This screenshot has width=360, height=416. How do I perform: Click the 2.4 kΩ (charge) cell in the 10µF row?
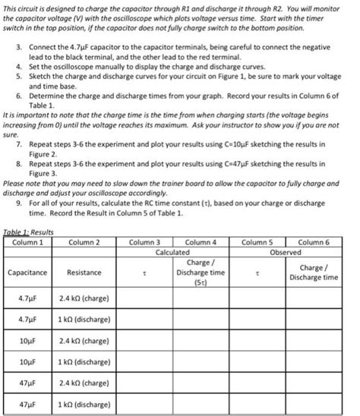click(x=84, y=341)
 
